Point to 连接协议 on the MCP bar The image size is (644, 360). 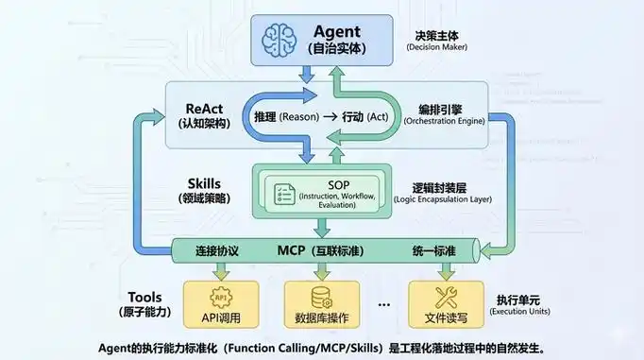(220, 251)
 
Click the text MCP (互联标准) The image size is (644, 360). (322, 251)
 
